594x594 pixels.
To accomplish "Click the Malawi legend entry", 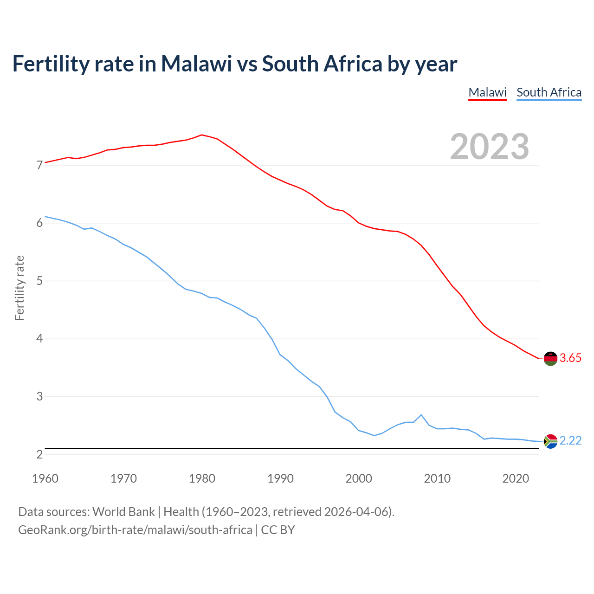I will (487, 92).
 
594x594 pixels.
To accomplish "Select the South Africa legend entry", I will (549, 92).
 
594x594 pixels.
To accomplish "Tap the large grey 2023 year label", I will (490, 147).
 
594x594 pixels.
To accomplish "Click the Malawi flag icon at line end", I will (550, 358).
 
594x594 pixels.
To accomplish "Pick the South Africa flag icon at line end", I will (550, 441).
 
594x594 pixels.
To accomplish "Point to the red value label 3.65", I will (570, 358).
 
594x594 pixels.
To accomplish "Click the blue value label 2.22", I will (570, 441).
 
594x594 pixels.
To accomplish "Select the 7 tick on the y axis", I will (39, 166).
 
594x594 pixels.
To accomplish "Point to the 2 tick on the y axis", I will (39, 455).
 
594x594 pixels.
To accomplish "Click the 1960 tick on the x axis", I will (45, 478).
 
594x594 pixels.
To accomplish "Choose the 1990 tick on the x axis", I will (280, 478).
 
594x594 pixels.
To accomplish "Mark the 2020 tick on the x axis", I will (516, 478).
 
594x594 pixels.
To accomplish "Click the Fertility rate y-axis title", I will (19, 288).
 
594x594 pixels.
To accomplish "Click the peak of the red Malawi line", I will (201, 135).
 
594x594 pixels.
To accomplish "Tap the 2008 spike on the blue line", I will (421, 415).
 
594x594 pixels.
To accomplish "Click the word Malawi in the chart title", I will (196, 64).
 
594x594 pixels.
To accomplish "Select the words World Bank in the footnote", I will (123, 512).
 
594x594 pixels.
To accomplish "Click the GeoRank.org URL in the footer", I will (135, 530).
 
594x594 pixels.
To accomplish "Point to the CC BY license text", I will (278, 530).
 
